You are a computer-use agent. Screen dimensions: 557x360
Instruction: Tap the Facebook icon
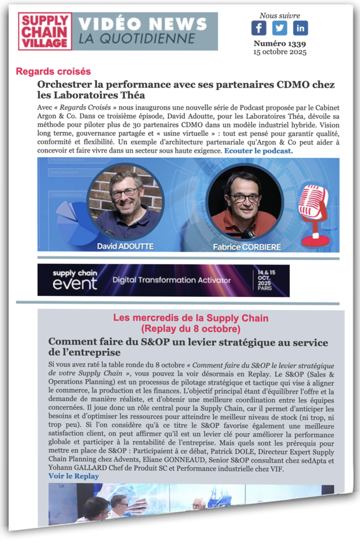tap(259, 28)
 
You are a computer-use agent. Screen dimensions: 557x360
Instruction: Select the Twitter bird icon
tap(280, 28)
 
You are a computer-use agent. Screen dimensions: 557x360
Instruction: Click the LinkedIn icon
tap(300, 28)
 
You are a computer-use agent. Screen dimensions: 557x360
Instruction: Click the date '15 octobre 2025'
tap(280, 52)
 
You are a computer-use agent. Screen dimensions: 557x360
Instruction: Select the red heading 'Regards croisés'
tap(53, 71)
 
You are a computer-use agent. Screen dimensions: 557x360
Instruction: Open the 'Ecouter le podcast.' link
tap(258, 151)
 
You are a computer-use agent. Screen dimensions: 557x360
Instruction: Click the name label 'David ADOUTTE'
tap(125, 246)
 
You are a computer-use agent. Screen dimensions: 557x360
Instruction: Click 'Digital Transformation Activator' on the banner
tap(171, 281)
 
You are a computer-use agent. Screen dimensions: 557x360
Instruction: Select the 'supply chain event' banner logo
tap(75, 280)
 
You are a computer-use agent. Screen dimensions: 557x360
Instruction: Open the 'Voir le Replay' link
tap(73, 476)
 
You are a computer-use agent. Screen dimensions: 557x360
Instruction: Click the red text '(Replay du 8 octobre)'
tap(190, 329)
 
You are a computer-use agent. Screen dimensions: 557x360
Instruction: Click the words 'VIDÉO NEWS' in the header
tap(143, 24)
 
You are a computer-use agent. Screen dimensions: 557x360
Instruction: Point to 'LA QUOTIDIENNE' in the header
tap(136, 39)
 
